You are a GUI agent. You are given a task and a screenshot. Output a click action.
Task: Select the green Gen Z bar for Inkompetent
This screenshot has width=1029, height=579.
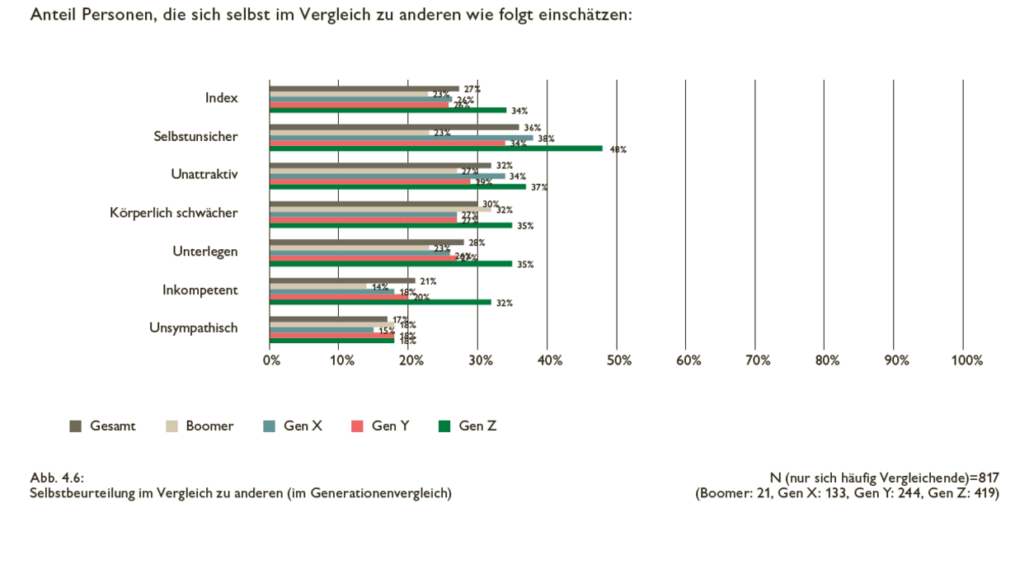(380, 302)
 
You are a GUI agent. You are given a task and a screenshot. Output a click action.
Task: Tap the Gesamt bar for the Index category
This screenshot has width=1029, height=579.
(364, 88)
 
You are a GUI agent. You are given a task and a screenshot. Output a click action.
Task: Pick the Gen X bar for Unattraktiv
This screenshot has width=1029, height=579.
(387, 176)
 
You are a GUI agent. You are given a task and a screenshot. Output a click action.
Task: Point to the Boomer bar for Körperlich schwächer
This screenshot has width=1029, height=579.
(380, 209)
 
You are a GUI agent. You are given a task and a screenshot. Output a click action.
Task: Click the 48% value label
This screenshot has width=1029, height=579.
(618, 149)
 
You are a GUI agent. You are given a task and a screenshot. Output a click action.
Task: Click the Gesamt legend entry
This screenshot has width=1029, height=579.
(103, 426)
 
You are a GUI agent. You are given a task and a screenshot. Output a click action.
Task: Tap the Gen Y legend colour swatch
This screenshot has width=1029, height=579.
(357, 426)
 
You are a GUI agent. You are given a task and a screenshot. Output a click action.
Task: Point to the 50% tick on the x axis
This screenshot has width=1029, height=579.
(618, 360)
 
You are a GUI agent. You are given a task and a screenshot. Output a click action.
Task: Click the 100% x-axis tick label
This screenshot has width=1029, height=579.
(966, 360)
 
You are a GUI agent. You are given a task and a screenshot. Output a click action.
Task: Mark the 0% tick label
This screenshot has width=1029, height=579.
(271, 360)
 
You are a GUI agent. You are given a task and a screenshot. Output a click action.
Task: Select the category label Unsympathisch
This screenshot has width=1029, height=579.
(193, 327)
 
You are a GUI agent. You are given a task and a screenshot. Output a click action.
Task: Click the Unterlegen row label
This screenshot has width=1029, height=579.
(204, 251)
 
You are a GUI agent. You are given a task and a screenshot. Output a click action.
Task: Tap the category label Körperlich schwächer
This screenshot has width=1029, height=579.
(173, 212)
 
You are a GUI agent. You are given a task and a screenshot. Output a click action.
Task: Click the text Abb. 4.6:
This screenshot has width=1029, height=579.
(57, 478)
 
